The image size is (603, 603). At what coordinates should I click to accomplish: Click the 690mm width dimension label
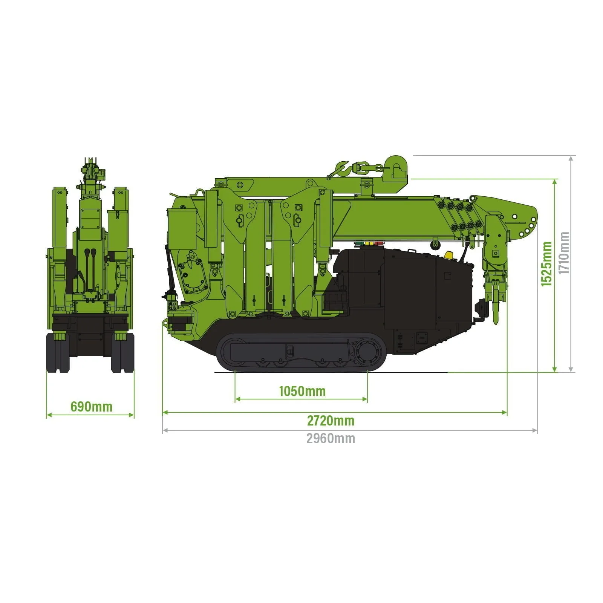[x=92, y=407]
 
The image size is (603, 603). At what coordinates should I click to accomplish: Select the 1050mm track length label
[x=302, y=391]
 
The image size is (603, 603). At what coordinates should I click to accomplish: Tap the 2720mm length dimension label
[x=331, y=421]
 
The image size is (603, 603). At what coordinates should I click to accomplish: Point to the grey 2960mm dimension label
[x=331, y=439]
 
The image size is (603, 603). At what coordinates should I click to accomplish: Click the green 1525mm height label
[x=546, y=264]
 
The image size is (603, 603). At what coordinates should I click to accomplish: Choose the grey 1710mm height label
[x=564, y=253]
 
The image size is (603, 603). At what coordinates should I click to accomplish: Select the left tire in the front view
[x=58, y=353]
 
